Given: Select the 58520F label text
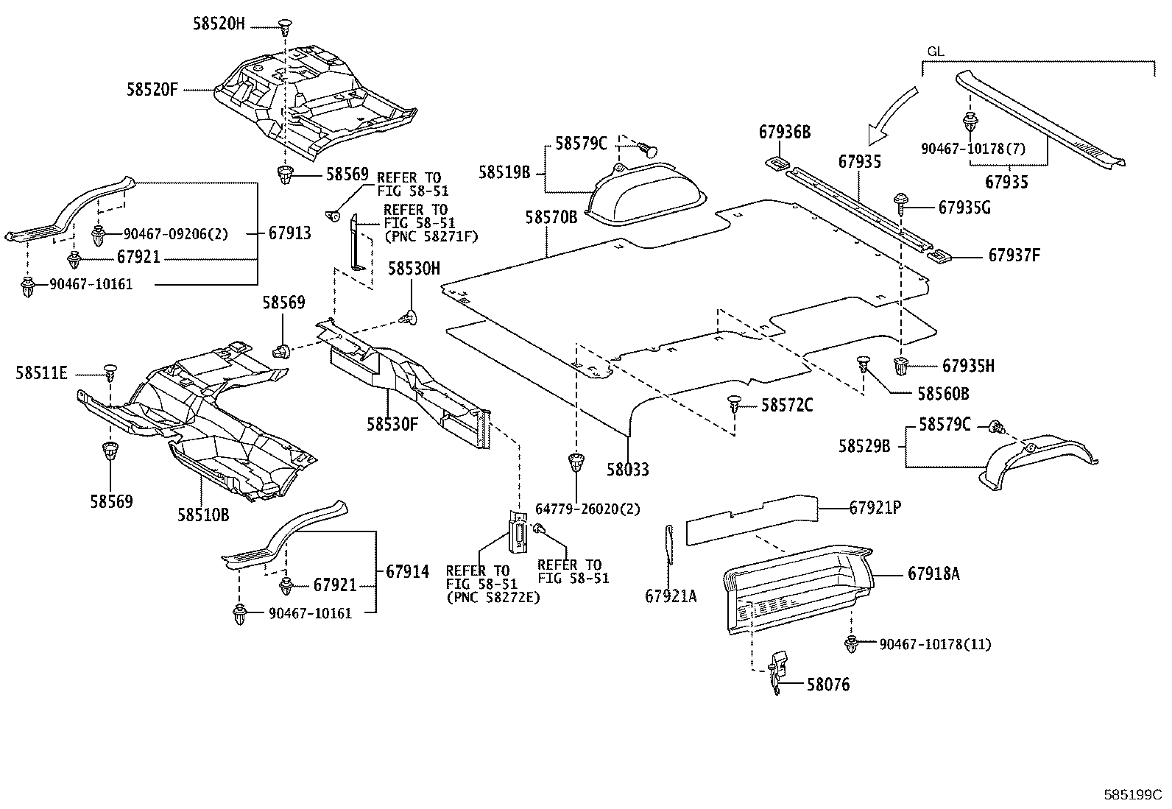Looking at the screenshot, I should pos(152,90).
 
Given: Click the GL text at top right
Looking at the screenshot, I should pos(935,52).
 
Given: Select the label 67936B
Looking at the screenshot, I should pos(784,133).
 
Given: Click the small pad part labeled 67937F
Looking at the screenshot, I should pos(938,256).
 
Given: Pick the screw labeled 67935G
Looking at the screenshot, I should pos(900,201).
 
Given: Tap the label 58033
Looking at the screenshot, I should pos(628,469).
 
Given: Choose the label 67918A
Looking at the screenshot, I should pos(933,573).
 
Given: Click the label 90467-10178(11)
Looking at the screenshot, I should pos(934,645).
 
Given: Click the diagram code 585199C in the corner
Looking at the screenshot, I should pos(1132,795).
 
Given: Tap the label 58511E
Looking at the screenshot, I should pos(41,373).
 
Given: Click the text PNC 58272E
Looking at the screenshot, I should pos(493,598).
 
